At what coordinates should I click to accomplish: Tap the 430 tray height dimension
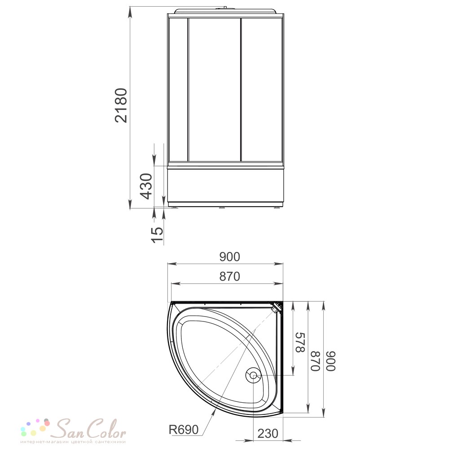click(x=146, y=186)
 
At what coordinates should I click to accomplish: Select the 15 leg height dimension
click(x=157, y=234)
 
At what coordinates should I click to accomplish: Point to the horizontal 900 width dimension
click(x=229, y=257)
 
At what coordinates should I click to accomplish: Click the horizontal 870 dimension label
click(x=229, y=277)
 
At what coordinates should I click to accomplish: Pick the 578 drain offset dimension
click(x=300, y=343)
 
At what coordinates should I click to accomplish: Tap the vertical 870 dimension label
click(x=315, y=361)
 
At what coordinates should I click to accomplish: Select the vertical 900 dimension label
click(x=331, y=361)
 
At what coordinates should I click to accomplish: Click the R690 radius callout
click(x=184, y=430)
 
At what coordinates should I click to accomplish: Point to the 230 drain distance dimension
click(x=268, y=434)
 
